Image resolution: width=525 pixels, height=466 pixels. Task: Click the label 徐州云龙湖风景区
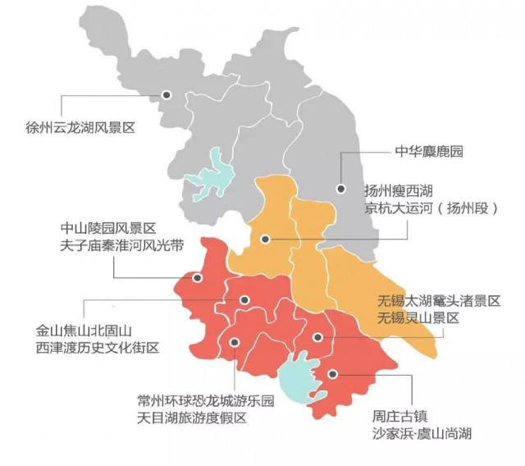click(x=79, y=128)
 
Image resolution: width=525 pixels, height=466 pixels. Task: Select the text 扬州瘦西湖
click(x=399, y=190)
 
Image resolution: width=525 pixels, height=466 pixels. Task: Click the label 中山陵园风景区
click(x=107, y=228)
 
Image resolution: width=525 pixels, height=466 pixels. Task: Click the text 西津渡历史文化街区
click(x=97, y=349)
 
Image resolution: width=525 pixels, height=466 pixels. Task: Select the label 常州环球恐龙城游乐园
click(x=205, y=401)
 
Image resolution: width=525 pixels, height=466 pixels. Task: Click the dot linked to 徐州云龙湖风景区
click(x=167, y=95)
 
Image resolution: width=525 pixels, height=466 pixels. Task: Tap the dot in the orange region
click(x=264, y=240)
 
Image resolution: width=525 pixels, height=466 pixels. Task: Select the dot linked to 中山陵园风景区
click(x=196, y=277)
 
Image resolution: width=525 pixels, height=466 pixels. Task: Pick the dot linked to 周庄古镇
click(x=332, y=374)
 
